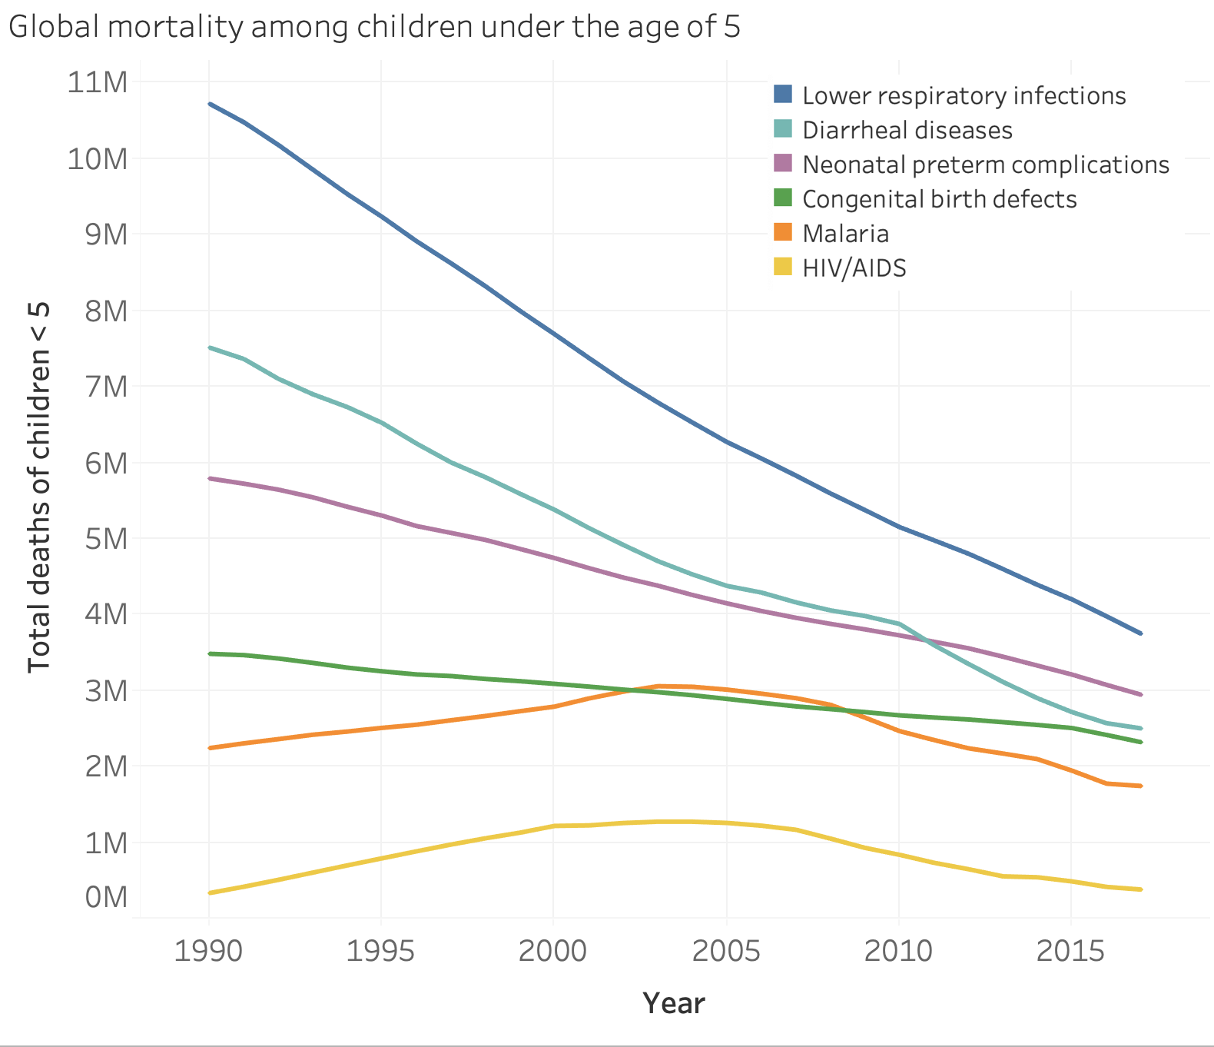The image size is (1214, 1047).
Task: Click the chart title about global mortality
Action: point(374,27)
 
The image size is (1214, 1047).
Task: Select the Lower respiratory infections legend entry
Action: point(964,95)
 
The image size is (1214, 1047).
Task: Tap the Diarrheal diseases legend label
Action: point(907,130)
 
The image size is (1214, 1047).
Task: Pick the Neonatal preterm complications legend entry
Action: point(985,165)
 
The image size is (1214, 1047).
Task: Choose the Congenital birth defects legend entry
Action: point(939,199)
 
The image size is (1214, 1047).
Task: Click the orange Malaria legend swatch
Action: point(782,232)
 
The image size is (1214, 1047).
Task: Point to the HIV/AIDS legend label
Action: point(854,268)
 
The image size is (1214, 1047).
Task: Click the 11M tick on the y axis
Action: point(98,81)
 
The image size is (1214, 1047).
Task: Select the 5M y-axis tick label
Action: point(106,538)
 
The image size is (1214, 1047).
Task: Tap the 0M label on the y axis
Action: point(106,896)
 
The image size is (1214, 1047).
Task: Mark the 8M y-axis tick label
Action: point(106,311)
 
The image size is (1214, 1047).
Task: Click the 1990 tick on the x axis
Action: point(208,951)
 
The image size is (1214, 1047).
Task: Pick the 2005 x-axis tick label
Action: point(726,951)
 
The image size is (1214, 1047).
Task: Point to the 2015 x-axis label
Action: point(1070,951)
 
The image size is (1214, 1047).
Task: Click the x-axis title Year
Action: point(673,1003)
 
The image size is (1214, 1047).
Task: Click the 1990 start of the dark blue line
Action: point(210,104)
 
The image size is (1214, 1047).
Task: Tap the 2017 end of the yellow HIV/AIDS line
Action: point(1141,889)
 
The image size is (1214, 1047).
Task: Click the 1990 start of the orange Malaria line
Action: point(210,747)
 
